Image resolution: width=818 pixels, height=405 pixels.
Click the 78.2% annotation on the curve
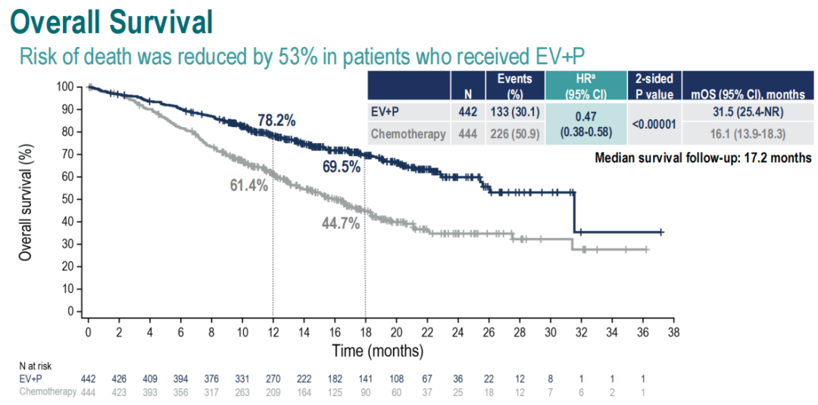276,120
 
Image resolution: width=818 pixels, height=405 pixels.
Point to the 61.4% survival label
249,185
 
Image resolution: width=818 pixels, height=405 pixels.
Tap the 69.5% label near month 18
341,167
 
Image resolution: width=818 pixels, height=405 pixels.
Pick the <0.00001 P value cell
654,123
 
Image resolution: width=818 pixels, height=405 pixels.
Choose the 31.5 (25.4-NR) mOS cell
745,112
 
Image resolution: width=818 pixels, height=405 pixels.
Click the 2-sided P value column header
654,87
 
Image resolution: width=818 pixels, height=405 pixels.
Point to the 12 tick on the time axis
273,332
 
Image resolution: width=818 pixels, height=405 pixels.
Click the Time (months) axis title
377,351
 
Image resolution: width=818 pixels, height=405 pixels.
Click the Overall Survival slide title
112,22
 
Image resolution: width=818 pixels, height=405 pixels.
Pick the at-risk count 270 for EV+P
273,379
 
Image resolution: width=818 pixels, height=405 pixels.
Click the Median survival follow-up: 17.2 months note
703,158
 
